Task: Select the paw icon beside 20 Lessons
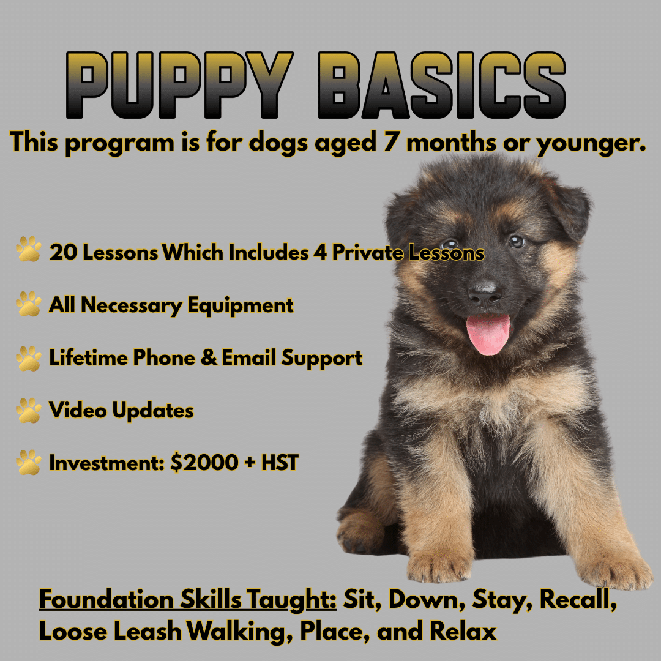pyautogui.click(x=29, y=251)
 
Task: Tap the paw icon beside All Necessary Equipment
pyautogui.click(x=29, y=304)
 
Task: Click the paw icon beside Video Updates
pyautogui.click(x=29, y=410)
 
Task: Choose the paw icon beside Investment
pyautogui.click(x=29, y=463)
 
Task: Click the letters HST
pyautogui.click(x=280, y=463)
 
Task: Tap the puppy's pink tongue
pyautogui.click(x=488, y=334)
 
